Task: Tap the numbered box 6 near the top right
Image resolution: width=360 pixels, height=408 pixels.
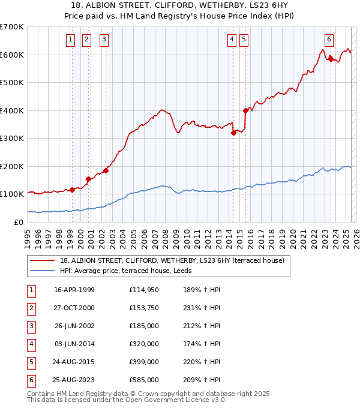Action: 329,40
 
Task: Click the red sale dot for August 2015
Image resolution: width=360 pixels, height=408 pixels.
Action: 245,110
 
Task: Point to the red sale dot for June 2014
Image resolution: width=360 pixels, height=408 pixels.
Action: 233,133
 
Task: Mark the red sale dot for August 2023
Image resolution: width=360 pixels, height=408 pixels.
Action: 331,59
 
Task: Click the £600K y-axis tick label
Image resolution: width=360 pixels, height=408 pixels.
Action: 12,55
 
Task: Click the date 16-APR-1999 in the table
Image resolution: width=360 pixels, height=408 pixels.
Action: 74,290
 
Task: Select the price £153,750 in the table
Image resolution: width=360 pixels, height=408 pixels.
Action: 144,308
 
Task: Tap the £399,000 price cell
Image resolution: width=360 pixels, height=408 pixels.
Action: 144,362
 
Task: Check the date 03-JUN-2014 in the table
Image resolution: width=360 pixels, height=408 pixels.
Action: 74,344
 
